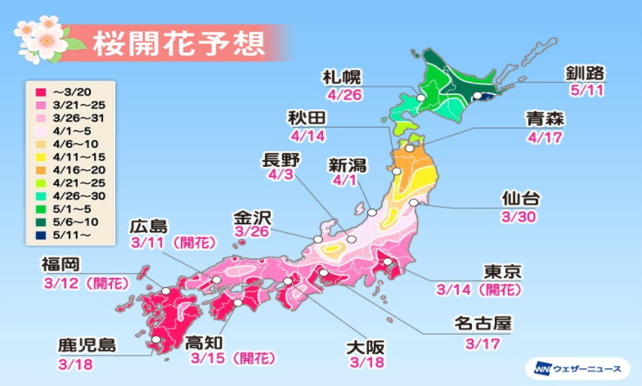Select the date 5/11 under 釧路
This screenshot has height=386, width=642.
[584, 91]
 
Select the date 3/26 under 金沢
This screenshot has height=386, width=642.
[250, 235]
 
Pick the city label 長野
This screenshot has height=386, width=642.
[284, 157]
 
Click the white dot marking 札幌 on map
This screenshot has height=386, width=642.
[421, 97]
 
